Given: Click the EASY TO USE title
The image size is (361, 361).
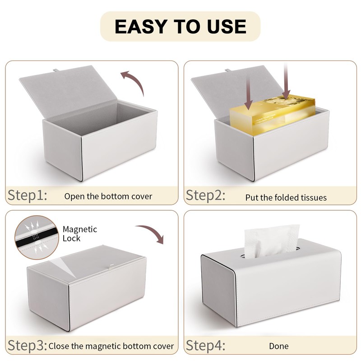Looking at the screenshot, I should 180,26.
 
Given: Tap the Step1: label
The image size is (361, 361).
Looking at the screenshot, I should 27,195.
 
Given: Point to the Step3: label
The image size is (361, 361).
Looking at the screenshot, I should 27,346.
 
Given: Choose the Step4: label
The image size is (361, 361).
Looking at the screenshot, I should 206,346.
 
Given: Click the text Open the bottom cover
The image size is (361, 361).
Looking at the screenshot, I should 108,196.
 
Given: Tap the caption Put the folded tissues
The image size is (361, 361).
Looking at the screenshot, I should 286,197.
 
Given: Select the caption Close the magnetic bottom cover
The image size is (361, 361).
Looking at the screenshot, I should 111,347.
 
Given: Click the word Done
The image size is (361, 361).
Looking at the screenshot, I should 279,347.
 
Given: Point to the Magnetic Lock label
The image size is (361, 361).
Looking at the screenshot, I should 79,233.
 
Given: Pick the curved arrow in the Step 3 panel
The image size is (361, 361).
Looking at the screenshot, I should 152,232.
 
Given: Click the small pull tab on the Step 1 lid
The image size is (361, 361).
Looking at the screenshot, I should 56,70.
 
